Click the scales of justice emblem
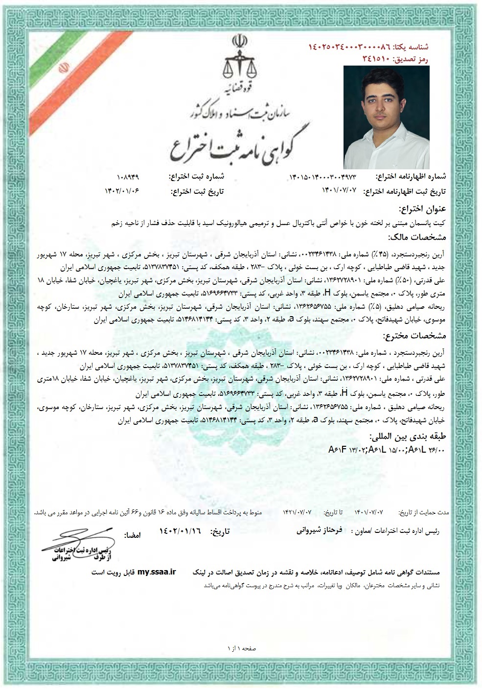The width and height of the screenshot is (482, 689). click(240, 61)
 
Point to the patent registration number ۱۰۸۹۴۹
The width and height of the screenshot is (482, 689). click(129, 177)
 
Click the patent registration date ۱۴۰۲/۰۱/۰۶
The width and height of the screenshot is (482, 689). click(122, 191)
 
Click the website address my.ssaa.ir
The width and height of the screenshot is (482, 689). click(156, 572)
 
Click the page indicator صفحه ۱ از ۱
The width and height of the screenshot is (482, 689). click(242, 648)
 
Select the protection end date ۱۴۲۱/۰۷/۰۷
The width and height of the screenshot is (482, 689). click(297, 512)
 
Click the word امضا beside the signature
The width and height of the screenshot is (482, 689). click(133, 535)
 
